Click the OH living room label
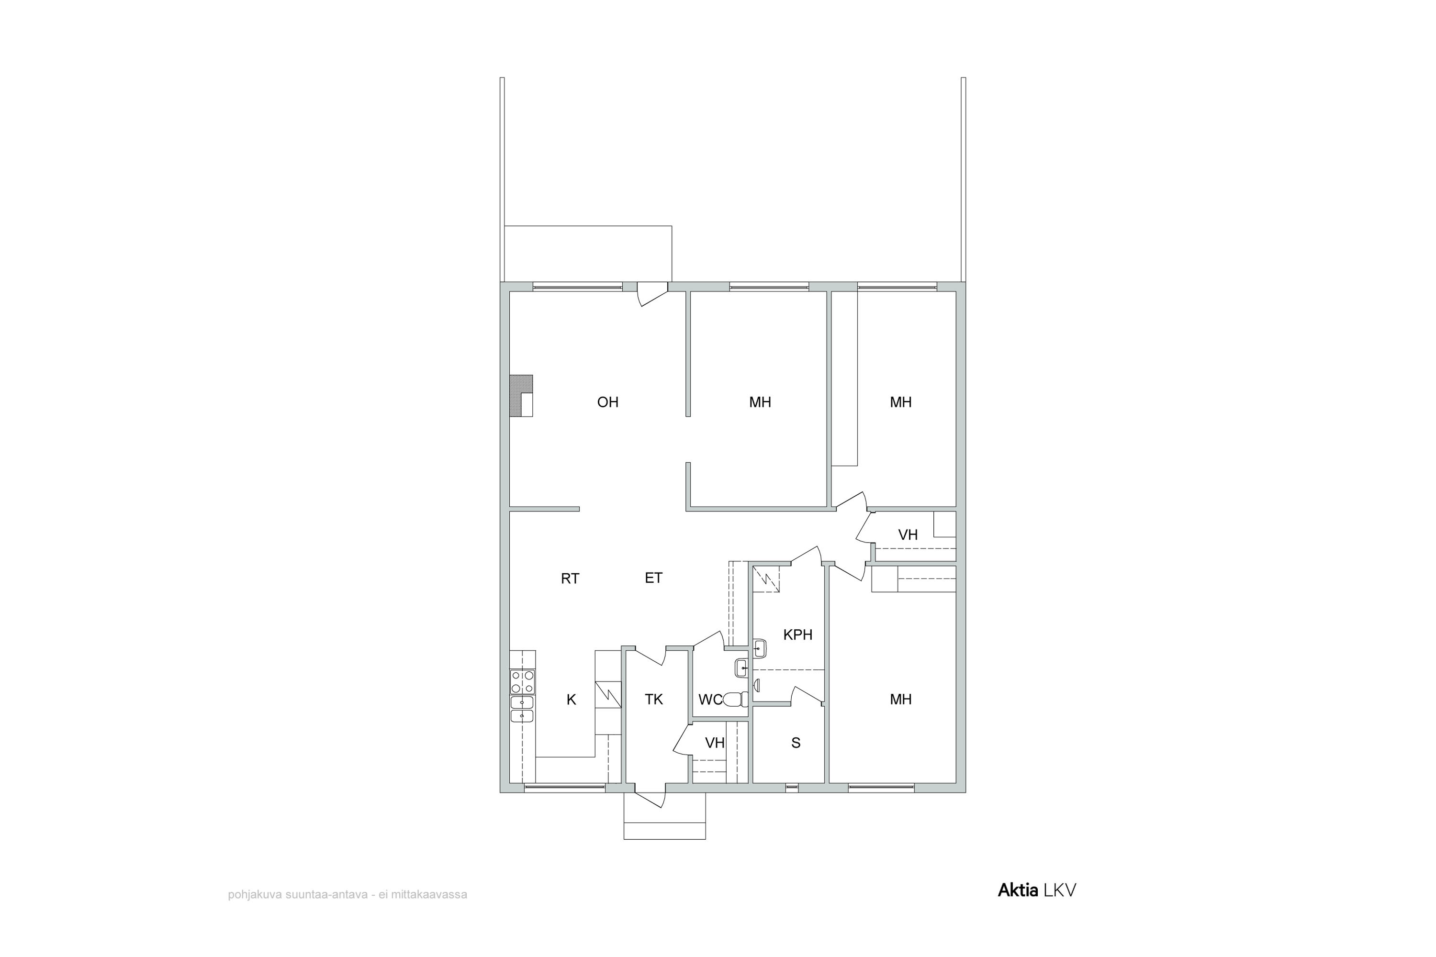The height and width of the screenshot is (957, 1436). click(607, 402)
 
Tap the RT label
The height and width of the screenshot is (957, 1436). click(570, 579)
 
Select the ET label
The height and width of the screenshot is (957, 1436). click(653, 578)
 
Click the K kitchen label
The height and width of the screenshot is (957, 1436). click(571, 700)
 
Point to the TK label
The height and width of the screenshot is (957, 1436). click(653, 700)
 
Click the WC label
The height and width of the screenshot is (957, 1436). click(710, 700)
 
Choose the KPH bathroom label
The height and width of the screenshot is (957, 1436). click(797, 635)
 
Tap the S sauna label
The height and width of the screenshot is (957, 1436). click(796, 743)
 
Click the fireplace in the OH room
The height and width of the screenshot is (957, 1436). click(521, 396)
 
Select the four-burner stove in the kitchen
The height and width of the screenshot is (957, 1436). click(523, 682)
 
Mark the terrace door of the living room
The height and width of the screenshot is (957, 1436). click(652, 294)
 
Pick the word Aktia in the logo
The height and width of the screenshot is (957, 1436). click(1018, 890)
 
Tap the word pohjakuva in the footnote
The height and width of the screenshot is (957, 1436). click(255, 895)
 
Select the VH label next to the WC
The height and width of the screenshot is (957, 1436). click(714, 743)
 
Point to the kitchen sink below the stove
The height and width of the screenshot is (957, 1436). click(522, 709)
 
